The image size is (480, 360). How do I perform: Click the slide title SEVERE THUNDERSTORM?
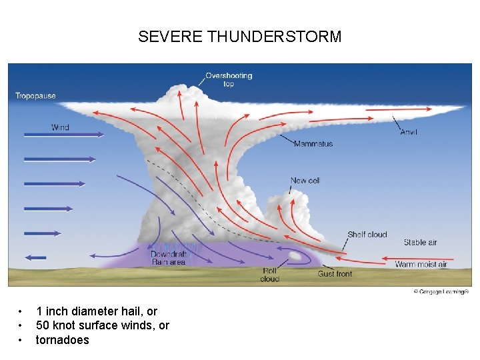click(239, 37)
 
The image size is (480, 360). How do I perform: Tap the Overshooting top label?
click(229, 79)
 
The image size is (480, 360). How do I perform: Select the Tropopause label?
click(35, 95)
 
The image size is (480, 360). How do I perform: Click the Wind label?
click(60, 127)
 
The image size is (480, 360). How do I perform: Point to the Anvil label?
click(409, 132)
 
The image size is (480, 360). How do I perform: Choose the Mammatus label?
click(313, 144)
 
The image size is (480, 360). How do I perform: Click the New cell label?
click(305, 181)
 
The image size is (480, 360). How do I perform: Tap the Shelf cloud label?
click(367, 235)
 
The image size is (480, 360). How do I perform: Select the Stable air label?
click(420, 243)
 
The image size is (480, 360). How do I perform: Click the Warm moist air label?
click(421, 265)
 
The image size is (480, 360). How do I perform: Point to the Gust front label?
click(335, 274)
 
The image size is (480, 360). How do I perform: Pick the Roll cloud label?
click(270, 275)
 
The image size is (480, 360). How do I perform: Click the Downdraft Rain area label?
click(168, 258)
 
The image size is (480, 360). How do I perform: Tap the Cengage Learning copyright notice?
click(441, 291)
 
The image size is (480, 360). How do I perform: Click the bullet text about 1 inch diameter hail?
click(97, 311)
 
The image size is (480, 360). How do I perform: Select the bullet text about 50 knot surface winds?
click(102, 325)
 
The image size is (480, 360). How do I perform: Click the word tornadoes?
click(62, 340)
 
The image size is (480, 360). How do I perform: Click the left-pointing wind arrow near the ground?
click(35, 257)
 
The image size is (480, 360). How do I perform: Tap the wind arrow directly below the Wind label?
click(63, 135)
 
